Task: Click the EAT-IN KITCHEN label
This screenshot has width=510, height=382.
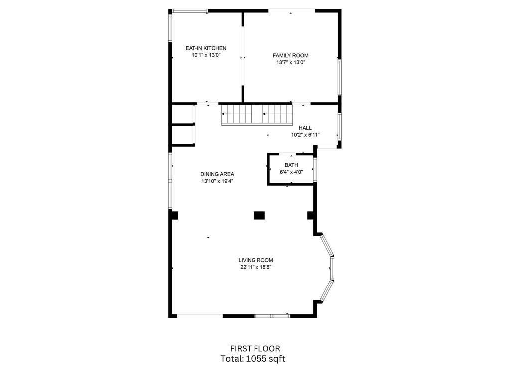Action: tap(206, 48)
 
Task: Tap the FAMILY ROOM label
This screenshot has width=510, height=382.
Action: tap(291, 56)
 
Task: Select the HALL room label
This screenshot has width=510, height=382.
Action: tap(305, 128)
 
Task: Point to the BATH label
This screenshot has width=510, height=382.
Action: tap(291, 165)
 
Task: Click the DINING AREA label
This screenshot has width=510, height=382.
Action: tap(217, 174)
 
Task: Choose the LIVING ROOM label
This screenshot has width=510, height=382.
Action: tap(255, 260)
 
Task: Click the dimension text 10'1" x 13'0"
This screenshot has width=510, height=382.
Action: tap(206, 55)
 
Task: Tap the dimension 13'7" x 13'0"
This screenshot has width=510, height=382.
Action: tap(291, 63)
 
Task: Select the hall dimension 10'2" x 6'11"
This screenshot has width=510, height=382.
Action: tap(305, 135)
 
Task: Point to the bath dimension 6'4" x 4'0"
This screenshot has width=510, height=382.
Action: tap(291, 172)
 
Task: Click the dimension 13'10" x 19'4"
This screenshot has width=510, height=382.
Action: tap(217, 181)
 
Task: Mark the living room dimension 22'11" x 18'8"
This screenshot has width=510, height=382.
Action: tap(255, 267)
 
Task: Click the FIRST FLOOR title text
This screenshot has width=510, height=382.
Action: tap(255, 349)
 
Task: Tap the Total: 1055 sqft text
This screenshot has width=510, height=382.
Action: tap(253, 359)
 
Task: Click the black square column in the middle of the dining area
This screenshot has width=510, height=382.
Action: tap(259, 215)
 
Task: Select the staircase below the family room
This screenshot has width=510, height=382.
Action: tap(257, 115)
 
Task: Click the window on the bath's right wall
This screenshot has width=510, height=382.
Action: tap(315, 169)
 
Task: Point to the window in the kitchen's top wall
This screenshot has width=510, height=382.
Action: tap(190, 11)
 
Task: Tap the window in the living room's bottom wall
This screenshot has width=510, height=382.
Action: tap(272, 316)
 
